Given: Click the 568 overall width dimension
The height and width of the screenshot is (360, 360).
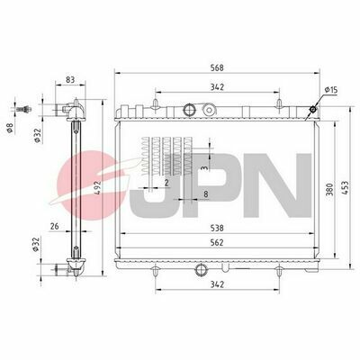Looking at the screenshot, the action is click(x=217, y=67).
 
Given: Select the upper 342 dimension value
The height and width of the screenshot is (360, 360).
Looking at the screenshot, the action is click(x=217, y=87).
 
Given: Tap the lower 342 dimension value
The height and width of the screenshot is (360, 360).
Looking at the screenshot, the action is click(x=217, y=284).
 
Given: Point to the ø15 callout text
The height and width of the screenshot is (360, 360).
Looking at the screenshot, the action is click(x=331, y=89).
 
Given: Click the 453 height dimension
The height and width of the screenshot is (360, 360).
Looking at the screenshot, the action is click(x=346, y=188).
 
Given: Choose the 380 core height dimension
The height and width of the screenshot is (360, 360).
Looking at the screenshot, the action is click(x=329, y=190).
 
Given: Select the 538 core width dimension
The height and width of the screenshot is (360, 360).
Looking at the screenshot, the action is click(x=217, y=229).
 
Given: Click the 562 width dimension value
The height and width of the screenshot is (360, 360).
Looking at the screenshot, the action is click(x=217, y=242).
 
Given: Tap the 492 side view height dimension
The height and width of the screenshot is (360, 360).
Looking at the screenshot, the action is click(x=96, y=188).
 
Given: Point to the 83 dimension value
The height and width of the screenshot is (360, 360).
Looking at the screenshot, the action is click(x=70, y=80).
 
